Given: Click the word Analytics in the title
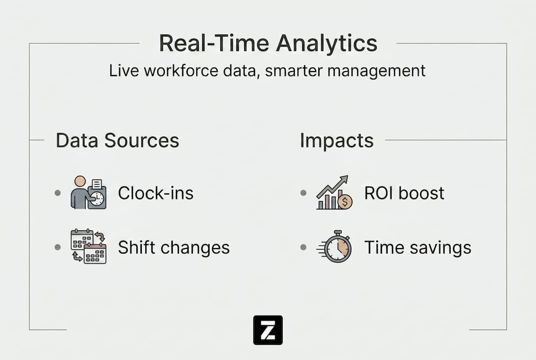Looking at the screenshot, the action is tap(327, 44).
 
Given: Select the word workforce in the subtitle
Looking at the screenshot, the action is tap(181, 71).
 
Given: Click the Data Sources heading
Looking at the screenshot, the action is tap(117, 140).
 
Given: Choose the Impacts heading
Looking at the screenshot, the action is tap(337, 141).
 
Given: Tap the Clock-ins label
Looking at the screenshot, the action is tap(155, 193).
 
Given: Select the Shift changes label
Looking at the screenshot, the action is tap(174, 247).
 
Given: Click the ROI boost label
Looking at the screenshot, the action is tap(404, 193).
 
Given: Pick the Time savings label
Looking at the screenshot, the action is tap(418, 247).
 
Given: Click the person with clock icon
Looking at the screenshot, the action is tap(88, 192).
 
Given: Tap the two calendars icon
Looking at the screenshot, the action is tap(88, 246).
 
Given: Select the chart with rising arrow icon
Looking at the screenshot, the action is tap(334, 192).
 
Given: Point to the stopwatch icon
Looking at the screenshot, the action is tap(335, 246).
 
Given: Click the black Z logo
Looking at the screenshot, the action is tap(268, 330).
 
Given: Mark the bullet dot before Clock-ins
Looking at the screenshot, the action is tap(58, 193).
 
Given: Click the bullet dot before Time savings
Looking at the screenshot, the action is tap(303, 247).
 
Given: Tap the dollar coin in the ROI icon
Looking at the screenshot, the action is tap(345, 202).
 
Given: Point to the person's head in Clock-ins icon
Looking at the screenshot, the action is tap(80, 181).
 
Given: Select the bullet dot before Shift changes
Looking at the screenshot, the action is tap(58, 247).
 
